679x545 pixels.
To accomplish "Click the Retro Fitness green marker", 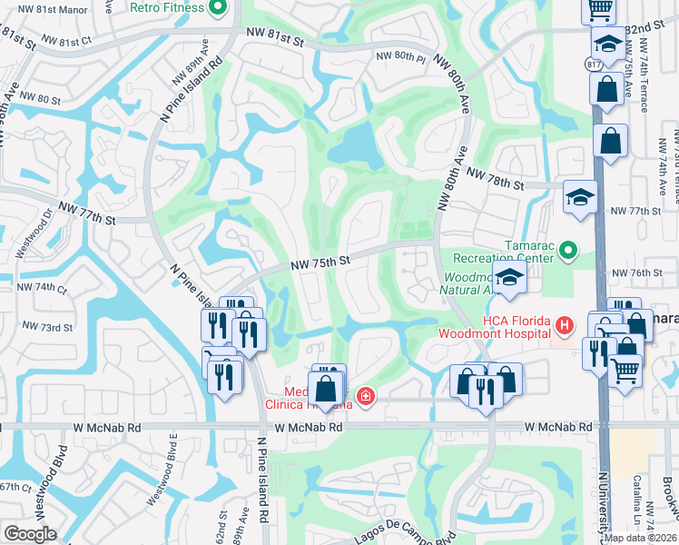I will tap(217, 10).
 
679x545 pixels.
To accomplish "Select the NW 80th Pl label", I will tap(400, 57).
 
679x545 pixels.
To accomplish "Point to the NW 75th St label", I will tap(320, 263).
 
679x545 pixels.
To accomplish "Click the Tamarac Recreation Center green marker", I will tap(569, 248).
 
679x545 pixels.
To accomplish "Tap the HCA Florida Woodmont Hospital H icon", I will tap(566, 324).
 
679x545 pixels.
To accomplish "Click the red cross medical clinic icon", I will tap(365, 396).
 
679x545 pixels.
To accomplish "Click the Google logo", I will tap(30, 534).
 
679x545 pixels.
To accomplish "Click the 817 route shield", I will tap(593, 65).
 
